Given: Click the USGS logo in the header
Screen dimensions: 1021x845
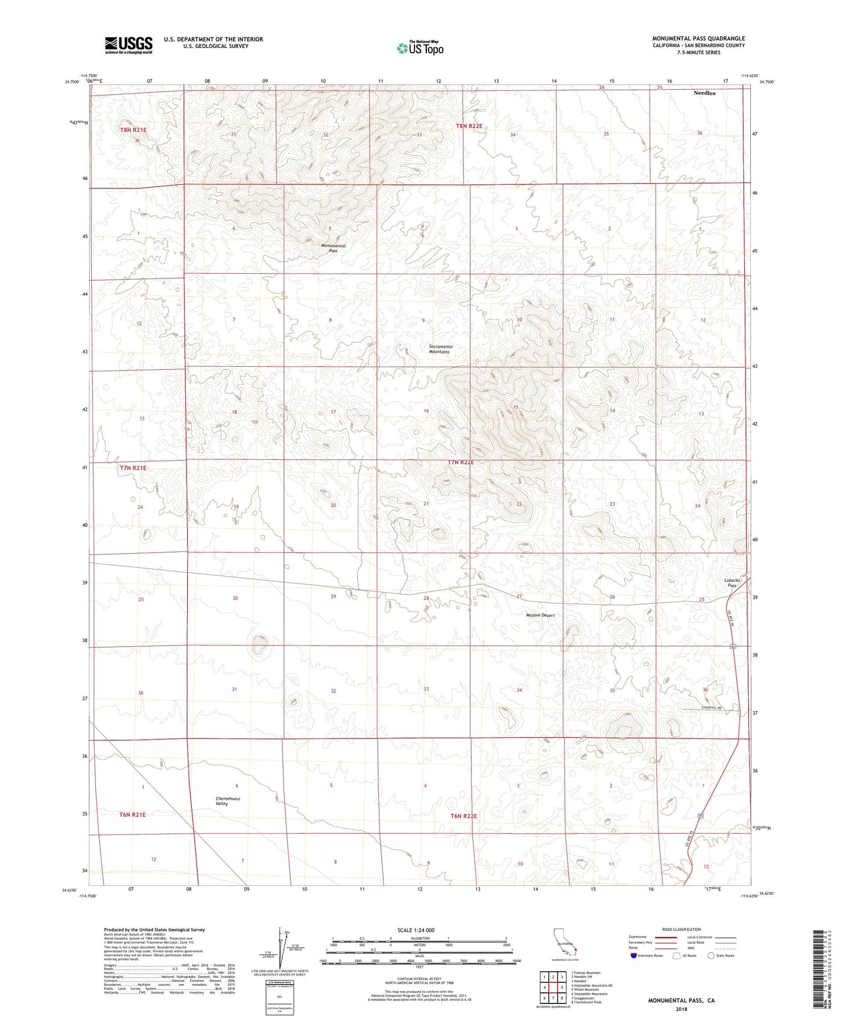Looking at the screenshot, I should [129, 45].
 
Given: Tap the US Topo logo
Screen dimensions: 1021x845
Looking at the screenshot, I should [420, 48].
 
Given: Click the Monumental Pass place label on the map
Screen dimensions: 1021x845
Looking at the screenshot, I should [333, 248].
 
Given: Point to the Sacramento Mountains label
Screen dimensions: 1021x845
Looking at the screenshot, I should [440, 349].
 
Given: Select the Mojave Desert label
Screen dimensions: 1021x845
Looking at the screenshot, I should [540, 615].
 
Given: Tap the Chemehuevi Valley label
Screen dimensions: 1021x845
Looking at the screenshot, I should [222, 801].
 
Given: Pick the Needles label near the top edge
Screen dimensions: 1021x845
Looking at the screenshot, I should [704, 93].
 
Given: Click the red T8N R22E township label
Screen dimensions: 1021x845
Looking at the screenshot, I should [470, 126].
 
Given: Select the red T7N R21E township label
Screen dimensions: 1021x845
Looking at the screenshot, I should [133, 468].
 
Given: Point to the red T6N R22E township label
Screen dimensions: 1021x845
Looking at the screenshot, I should [464, 816].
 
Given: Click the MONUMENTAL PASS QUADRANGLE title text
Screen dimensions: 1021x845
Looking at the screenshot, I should [698, 39].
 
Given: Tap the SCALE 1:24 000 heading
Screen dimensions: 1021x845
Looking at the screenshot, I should [416, 930].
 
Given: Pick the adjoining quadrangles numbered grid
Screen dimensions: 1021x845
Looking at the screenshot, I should [553, 987].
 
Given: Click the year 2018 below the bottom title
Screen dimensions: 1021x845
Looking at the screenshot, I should [681, 1009].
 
